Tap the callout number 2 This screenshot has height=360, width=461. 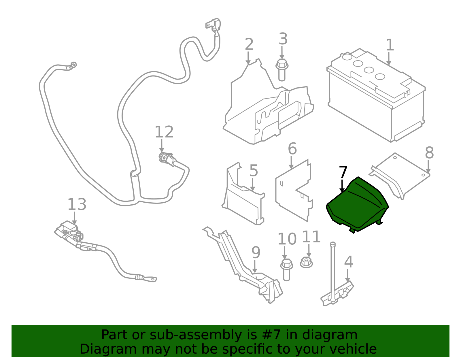click(x=249, y=44)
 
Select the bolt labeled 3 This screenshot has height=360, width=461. click(x=282, y=70)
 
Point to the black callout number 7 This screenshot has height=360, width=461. click(x=343, y=172)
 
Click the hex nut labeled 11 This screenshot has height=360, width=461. click(x=306, y=263)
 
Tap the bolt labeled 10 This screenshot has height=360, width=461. click(x=287, y=270)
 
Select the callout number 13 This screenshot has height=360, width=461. click(x=77, y=205)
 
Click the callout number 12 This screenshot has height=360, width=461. click(x=164, y=132)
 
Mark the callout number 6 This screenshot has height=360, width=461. click(x=292, y=149)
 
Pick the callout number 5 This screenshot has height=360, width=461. click(x=254, y=170)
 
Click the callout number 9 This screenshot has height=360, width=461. click(x=256, y=252)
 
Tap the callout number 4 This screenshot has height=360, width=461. click(x=349, y=262)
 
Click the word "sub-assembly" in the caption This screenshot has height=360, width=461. click(x=196, y=335)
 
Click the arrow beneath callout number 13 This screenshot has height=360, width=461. click(x=74, y=218)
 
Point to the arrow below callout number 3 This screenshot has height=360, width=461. click(x=282, y=53)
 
